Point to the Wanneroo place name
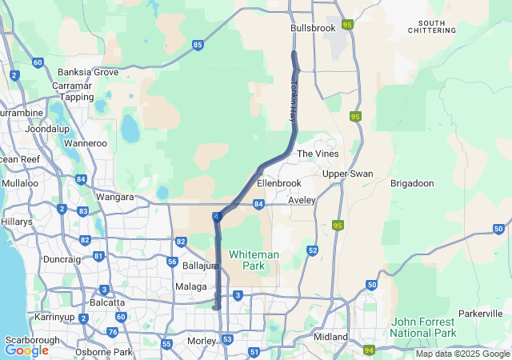point(85,143)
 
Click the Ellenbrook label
point(278,183)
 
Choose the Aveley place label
point(302,200)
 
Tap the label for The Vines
point(318,154)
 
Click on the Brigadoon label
point(411,183)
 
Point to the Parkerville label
point(481,313)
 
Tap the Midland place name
point(331,337)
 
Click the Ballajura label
point(201,265)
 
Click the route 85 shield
point(197,45)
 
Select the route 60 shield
point(38,62)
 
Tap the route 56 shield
point(172,262)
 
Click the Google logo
point(26,350)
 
